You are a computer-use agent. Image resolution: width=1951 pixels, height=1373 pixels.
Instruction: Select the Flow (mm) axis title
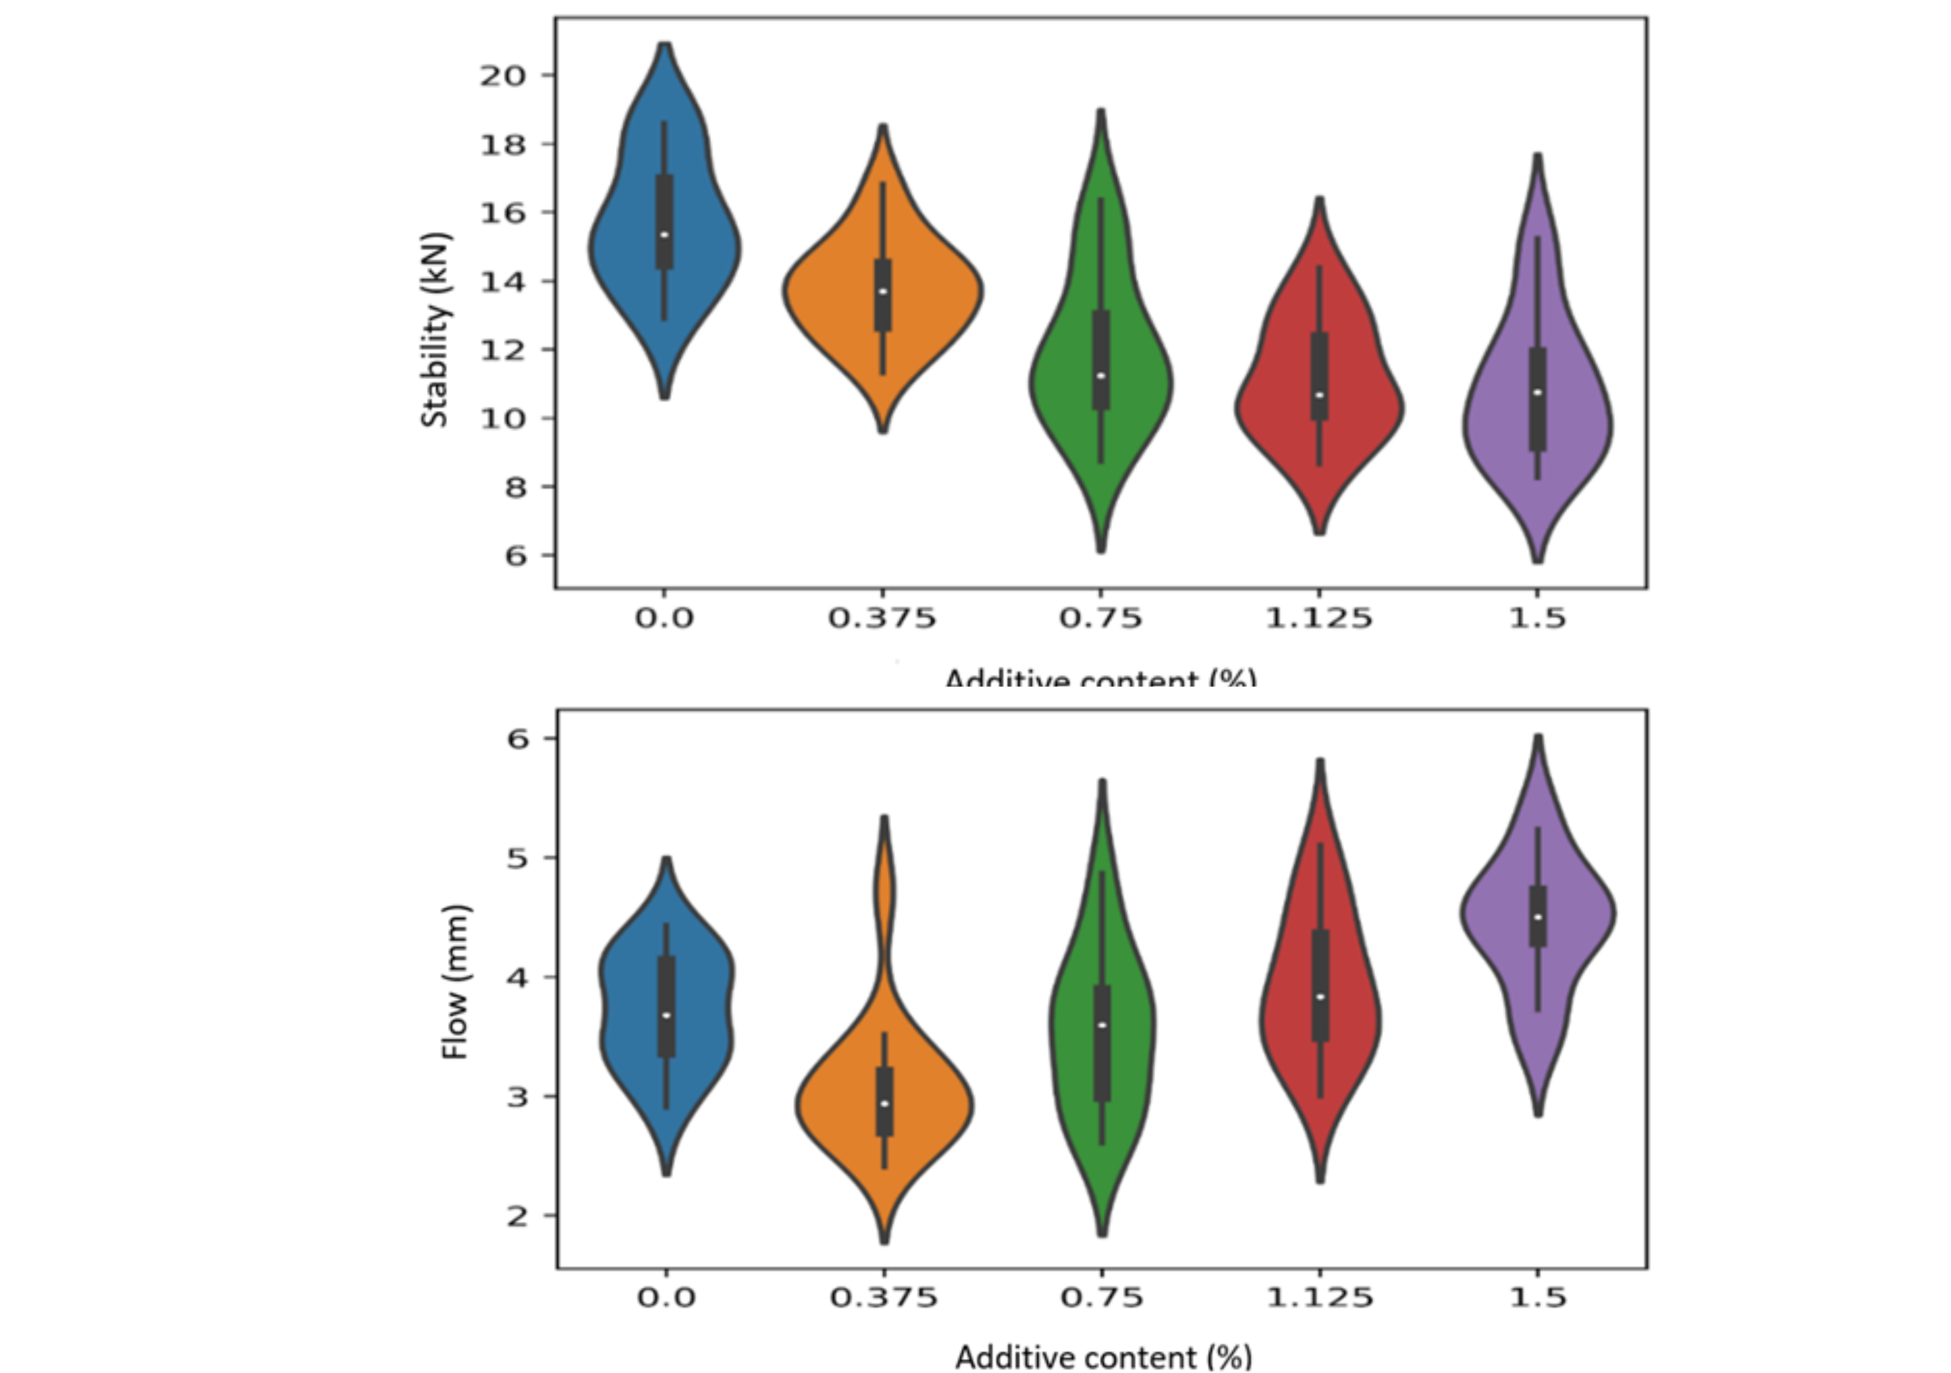tap(456, 982)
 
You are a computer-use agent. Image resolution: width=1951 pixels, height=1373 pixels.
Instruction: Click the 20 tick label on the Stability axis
tap(504, 76)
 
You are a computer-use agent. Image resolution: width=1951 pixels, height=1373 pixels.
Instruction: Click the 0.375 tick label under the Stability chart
tap(882, 618)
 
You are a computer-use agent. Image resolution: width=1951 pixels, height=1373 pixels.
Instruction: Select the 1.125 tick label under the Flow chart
tap(1320, 1297)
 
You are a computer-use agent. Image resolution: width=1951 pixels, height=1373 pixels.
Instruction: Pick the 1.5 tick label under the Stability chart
tap(1537, 618)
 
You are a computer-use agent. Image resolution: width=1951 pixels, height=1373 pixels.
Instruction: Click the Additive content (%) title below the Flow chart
tap(1103, 1356)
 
